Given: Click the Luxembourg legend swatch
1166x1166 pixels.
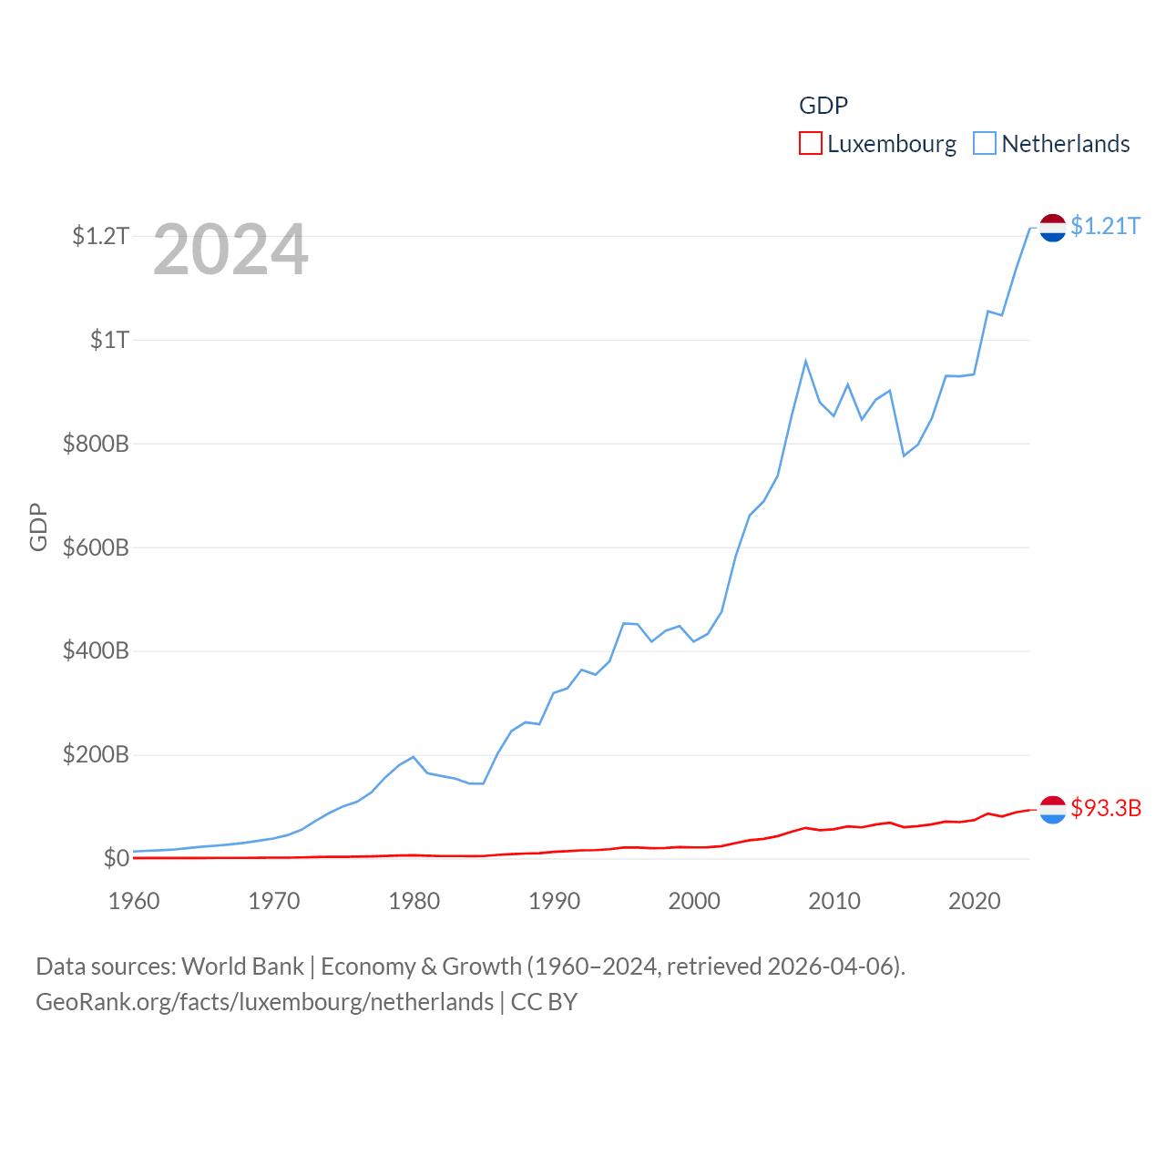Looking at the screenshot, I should click(x=811, y=144).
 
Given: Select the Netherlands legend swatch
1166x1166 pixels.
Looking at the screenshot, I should click(x=985, y=144).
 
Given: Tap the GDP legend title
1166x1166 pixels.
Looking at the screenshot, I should click(x=823, y=106).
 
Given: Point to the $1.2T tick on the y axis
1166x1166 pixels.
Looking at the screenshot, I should click(x=101, y=237).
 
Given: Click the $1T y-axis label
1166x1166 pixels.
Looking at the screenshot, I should click(x=109, y=341).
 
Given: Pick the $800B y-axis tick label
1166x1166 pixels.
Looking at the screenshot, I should click(x=96, y=445).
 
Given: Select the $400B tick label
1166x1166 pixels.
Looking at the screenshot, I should click(x=96, y=651).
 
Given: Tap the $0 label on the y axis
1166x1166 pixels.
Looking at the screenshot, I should click(x=116, y=859).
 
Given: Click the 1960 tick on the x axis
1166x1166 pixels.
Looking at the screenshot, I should click(x=134, y=902).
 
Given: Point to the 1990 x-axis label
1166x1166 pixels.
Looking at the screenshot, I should click(x=554, y=902).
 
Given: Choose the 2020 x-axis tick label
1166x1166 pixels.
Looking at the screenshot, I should click(x=975, y=902).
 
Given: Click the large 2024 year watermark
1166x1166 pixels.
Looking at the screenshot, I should click(x=230, y=250).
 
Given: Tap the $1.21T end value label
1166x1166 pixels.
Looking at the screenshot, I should click(x=1105, y=226).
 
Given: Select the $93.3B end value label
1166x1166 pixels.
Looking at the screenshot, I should click(x=1106, y=808).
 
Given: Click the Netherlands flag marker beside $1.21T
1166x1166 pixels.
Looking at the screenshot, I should click(x=1053, y=228).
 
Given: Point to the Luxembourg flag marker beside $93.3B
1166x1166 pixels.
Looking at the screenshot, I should click(x=1053, y=809).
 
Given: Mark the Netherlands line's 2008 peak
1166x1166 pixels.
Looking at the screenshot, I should click(x=805, y=362).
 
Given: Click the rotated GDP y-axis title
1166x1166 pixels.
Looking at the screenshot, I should click(x=38, y=527).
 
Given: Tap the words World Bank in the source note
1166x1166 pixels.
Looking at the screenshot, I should click(x=243, y=966).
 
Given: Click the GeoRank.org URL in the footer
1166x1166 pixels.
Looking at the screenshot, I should click(x=264, y=1002).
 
